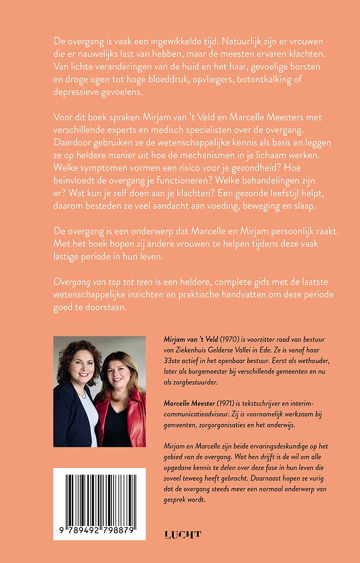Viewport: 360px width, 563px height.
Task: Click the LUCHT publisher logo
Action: tap(182, 534)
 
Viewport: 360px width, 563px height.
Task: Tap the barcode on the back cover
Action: tap(99, 504)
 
